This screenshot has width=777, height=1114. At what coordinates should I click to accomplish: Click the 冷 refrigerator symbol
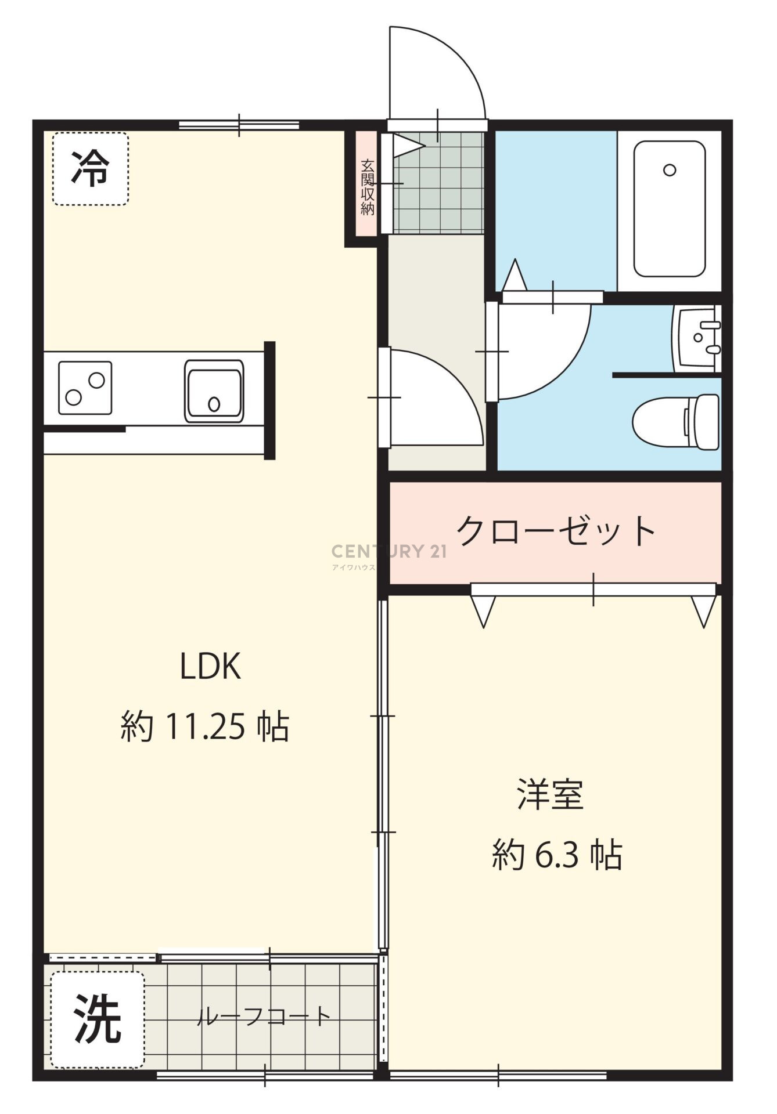coord(90,169)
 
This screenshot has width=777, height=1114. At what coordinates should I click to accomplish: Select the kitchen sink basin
coord(214,390)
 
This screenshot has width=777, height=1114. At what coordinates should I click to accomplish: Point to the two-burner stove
coord(85,388)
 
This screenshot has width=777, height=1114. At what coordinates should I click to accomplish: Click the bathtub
coord(670,209)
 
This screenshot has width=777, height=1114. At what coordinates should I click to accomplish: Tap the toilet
coord(676,421)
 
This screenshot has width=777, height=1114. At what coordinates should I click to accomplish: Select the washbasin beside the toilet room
coord(697,338)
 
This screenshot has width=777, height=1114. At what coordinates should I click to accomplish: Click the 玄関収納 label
coord(367,187)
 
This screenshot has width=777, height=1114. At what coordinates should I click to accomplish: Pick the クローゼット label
coord(556,530)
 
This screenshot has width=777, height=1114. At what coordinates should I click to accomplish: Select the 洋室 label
coord(550,794)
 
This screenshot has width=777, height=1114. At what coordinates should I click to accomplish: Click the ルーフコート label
coord(264,1016)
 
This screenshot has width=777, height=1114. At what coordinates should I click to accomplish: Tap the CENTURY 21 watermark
coord(389,551)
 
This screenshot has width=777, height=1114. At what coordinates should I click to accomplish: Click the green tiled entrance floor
coord(438,183)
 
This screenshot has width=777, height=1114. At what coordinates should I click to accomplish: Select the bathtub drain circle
coord(670,170)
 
